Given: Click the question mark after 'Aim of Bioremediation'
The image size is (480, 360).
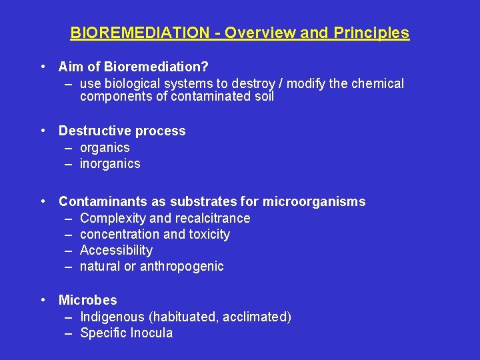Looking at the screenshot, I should pyautogui.click(x=205, y=67).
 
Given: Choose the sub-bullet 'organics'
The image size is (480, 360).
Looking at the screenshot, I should pyautogui.click(x=105, y=147).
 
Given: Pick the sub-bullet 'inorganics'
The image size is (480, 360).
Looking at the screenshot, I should pyautogui.click(x=110, y=163).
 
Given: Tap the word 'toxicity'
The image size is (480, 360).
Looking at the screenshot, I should pyautogui.click(x=209, y=234).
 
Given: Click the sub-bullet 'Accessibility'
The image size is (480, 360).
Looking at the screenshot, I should pyautogui.click(x=116, y=250).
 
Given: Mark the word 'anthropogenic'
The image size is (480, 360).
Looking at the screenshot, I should pyautogui.click(x=182, y=266).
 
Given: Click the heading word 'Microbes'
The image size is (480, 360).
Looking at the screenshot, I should pyautogui.click(x=87, y=300).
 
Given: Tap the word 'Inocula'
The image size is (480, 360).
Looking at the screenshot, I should pyautogui.click(x=150, y=333).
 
